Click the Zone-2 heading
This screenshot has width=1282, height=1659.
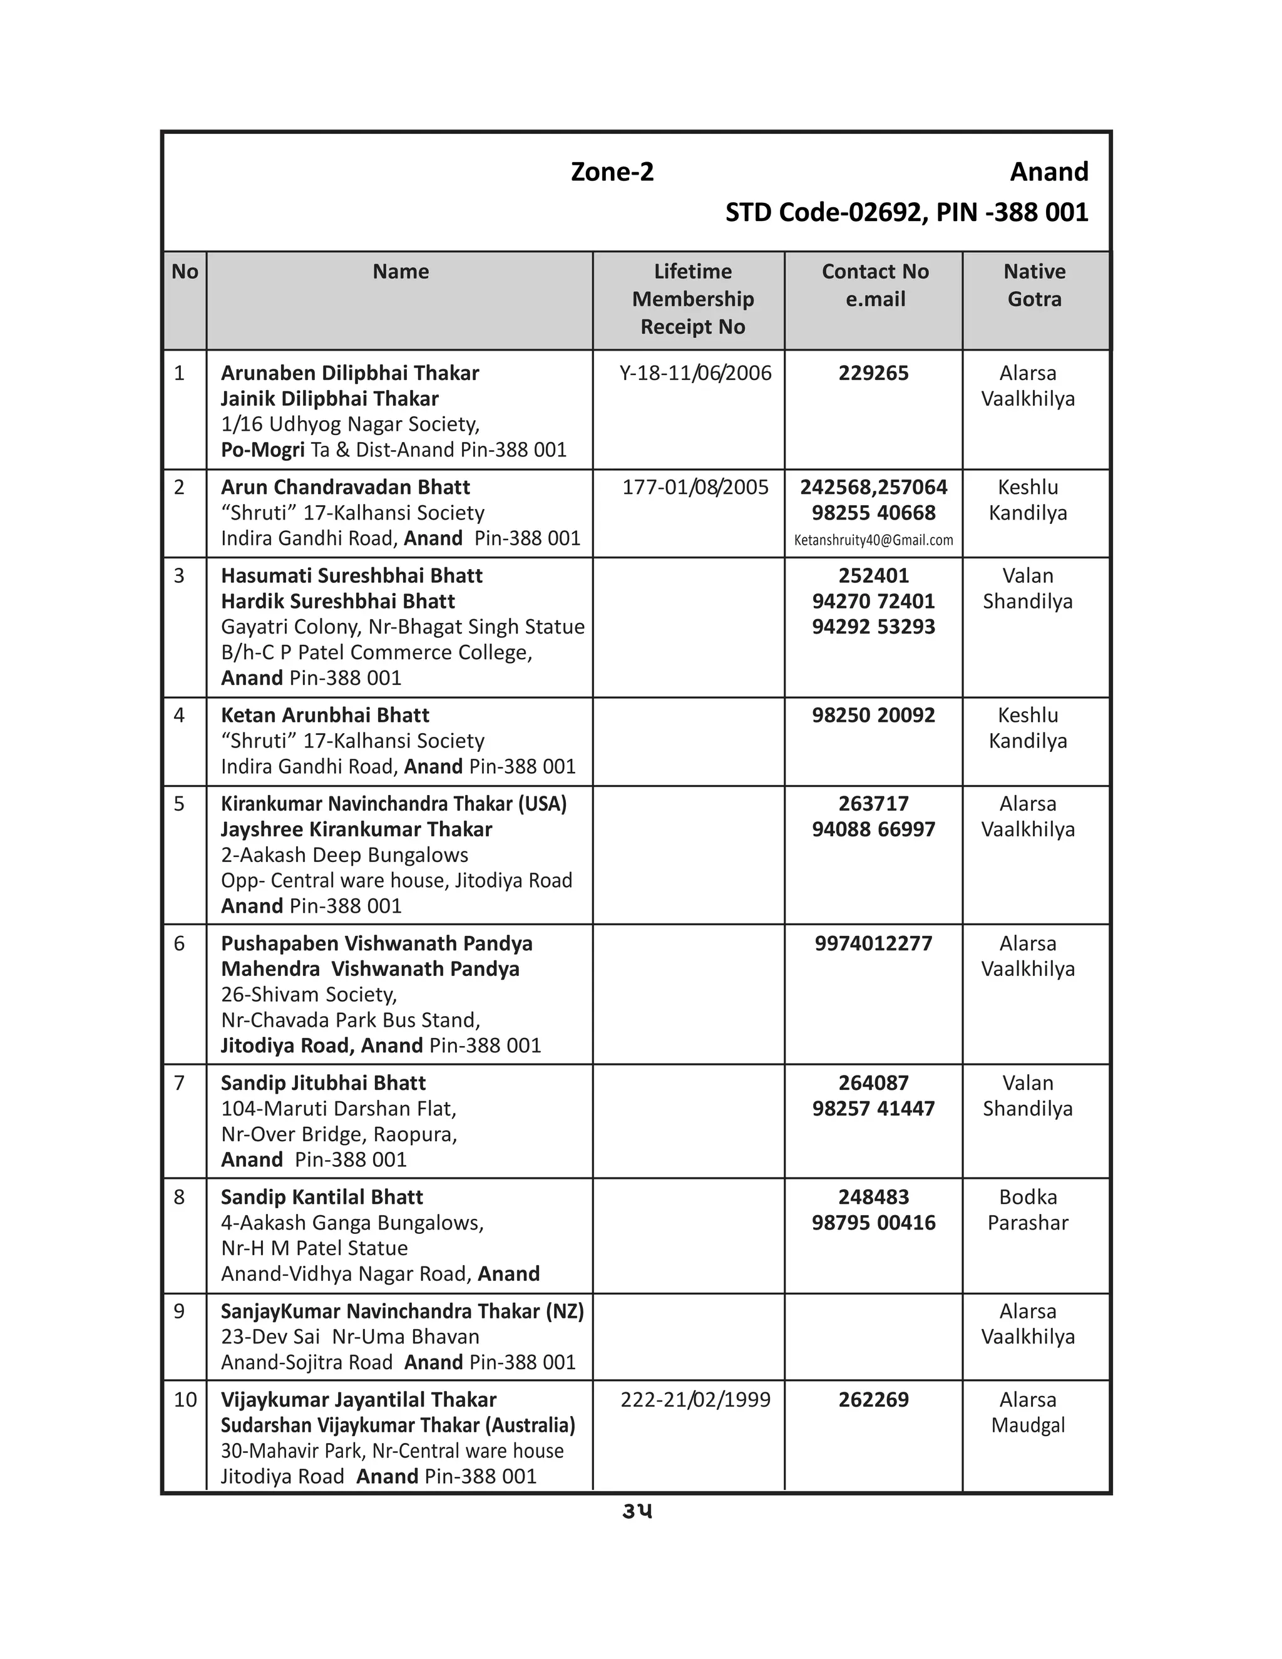coord(612,172)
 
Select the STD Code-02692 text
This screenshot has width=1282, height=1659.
coord(823,212)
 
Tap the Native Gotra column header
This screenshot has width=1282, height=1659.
coord(1033,285)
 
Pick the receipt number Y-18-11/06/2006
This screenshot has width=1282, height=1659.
coord(695,373)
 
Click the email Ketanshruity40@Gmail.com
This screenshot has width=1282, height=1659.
coord(873,540)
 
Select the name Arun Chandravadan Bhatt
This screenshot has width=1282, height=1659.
coord(345,487)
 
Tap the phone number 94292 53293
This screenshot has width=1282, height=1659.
coord(873,627)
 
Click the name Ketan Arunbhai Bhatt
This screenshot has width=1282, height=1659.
coord(324,715)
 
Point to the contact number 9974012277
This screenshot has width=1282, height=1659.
coord(873,943)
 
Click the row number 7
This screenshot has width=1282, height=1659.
coord(179,1082)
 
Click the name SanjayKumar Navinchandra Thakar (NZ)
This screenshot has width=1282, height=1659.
coord(402,1311)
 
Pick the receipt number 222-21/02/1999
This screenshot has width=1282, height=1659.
coord(695,1399)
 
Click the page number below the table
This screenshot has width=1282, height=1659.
coord(637,1511)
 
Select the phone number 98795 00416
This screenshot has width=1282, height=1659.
coord(873,1222)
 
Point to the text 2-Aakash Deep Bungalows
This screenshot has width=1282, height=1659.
coord(344,855)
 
